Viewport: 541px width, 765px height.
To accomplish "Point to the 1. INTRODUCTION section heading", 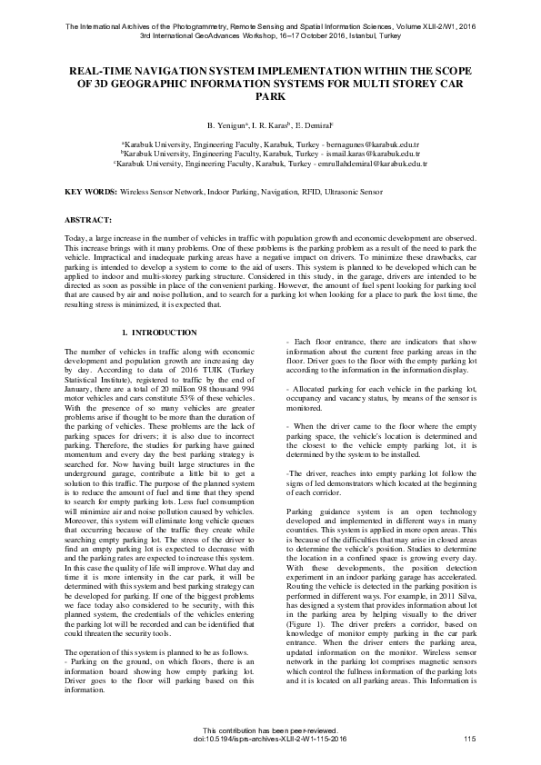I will [159, 333].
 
